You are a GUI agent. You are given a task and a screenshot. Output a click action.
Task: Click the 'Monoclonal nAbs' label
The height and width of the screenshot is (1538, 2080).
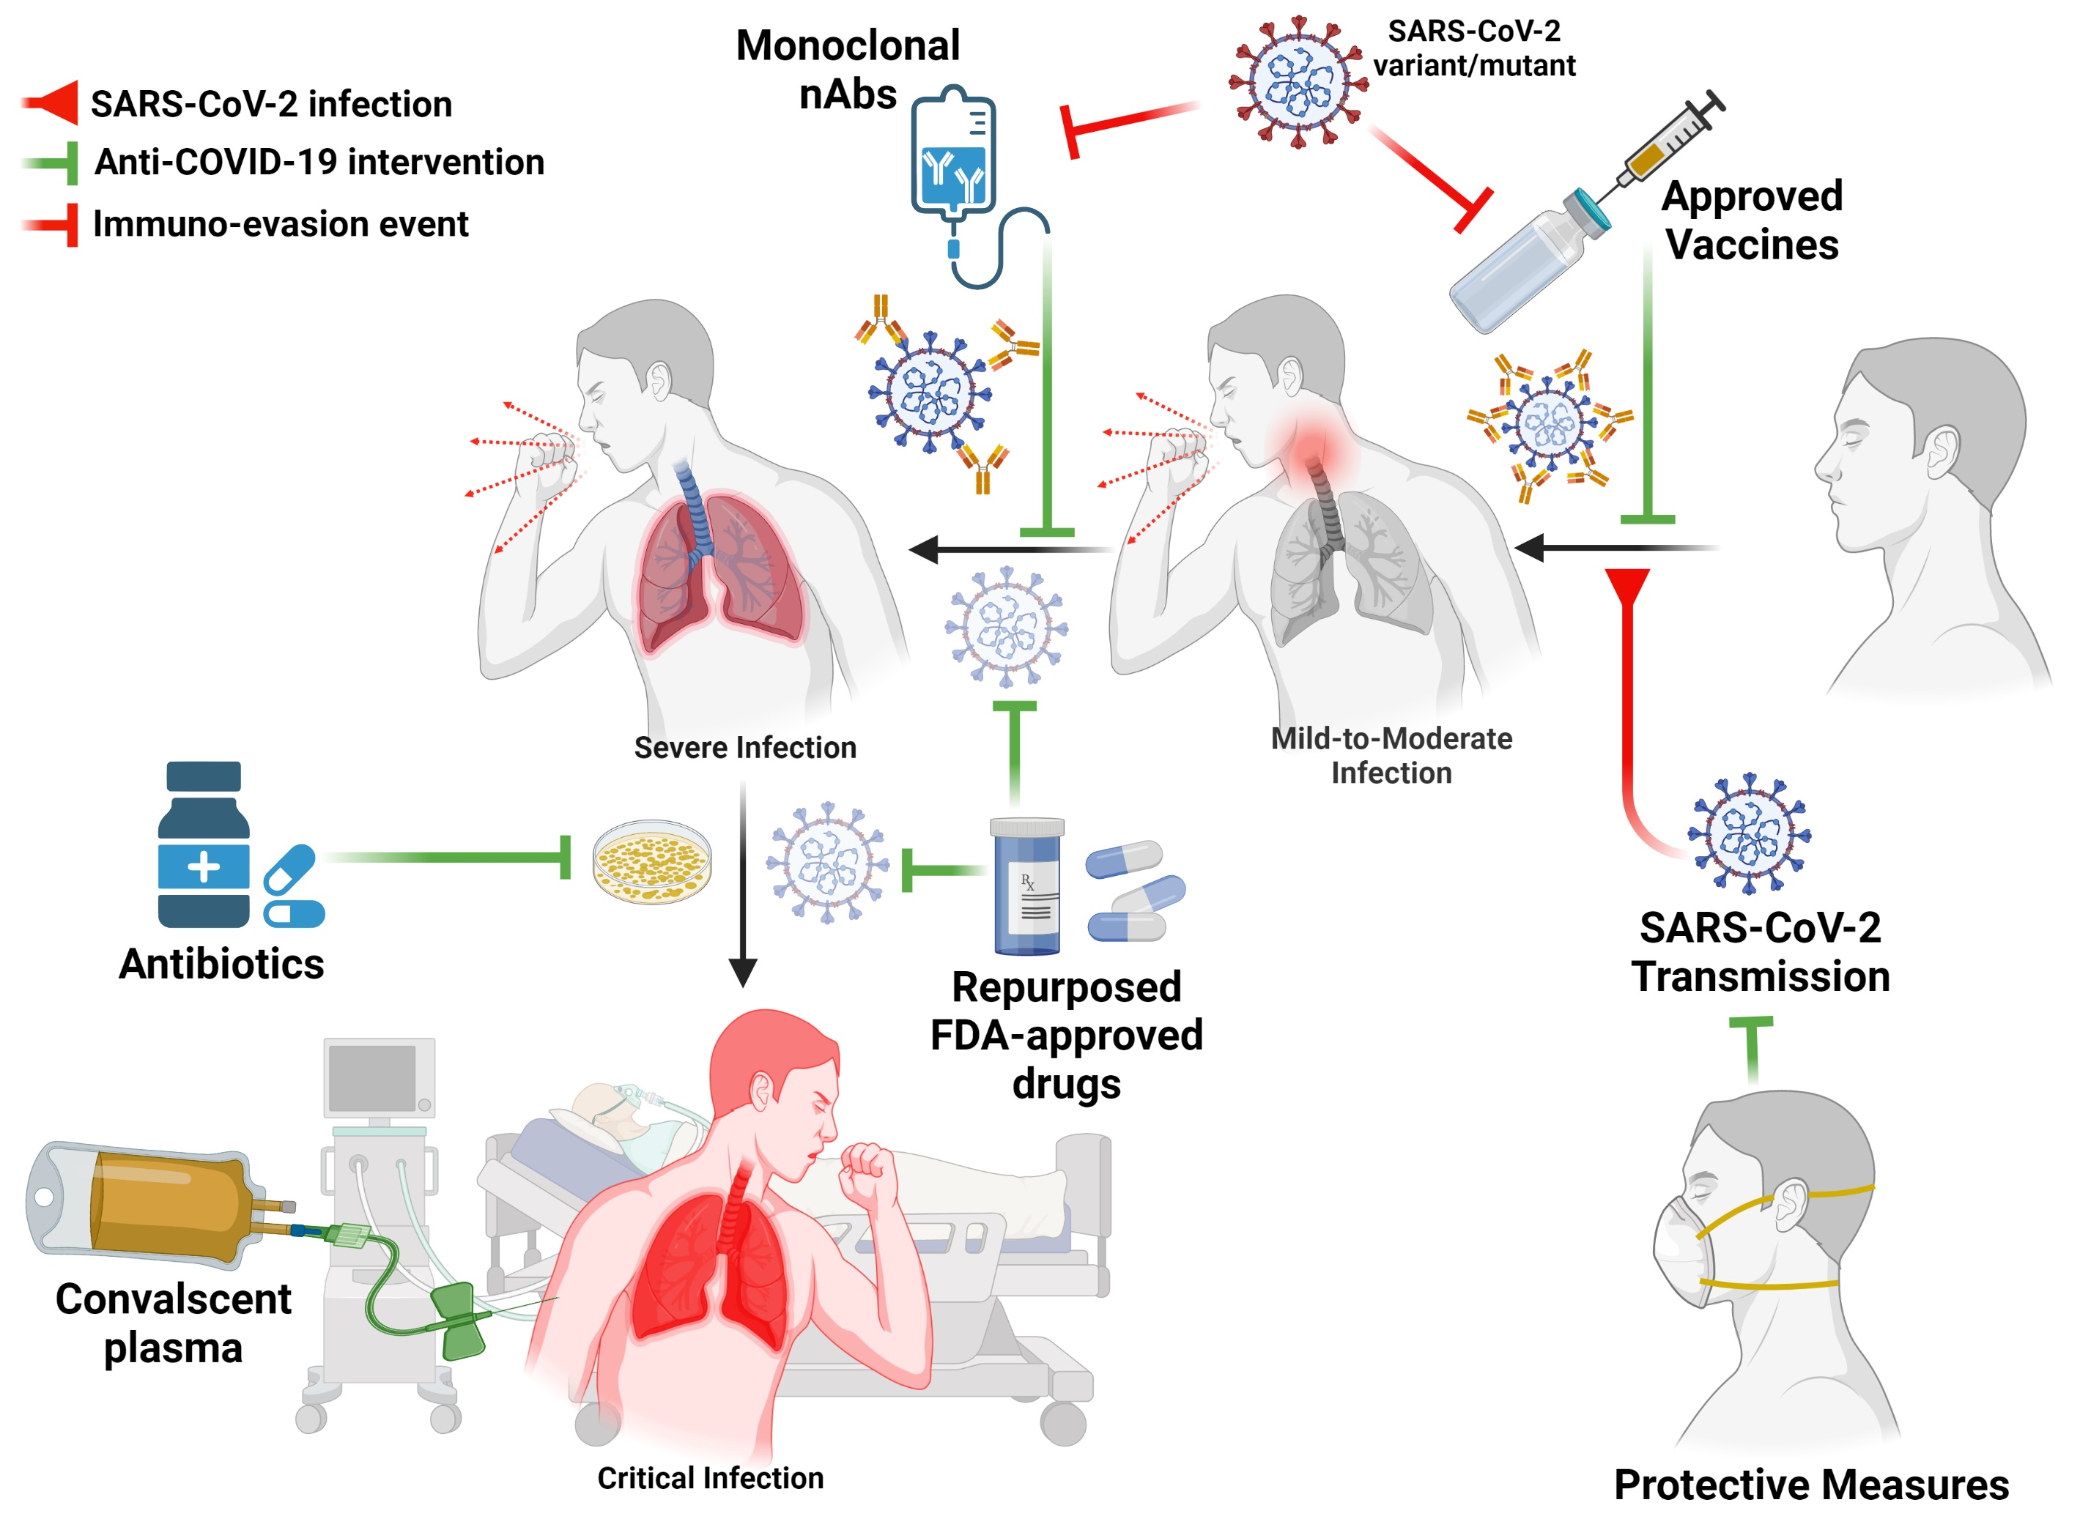846,70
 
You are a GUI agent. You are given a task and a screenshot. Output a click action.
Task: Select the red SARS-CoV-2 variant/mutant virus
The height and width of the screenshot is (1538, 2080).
1299,81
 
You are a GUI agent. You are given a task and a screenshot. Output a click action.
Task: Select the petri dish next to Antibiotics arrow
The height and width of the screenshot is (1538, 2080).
652,861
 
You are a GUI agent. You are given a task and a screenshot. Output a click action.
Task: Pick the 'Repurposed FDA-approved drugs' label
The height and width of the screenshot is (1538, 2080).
1066,1036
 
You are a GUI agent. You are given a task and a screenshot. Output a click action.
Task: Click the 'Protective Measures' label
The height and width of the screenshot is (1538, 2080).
1811,1485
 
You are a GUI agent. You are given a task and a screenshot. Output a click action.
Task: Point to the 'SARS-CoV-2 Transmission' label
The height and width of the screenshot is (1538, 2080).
1760,952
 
